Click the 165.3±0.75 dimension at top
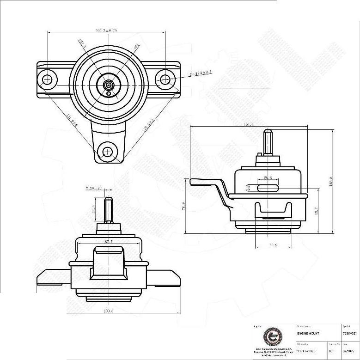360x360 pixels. click(106, 31)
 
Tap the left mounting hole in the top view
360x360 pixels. click(47, 79)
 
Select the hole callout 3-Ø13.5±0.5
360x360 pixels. click(200, 73)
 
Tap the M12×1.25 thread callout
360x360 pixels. click(93, 188)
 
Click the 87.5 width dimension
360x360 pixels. click(109, 241)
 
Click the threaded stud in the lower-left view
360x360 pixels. click(109, 210)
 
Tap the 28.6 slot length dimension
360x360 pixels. click(268, 177)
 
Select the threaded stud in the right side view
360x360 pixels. click(268, 142)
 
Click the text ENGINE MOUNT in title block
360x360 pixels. click(308, 333)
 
